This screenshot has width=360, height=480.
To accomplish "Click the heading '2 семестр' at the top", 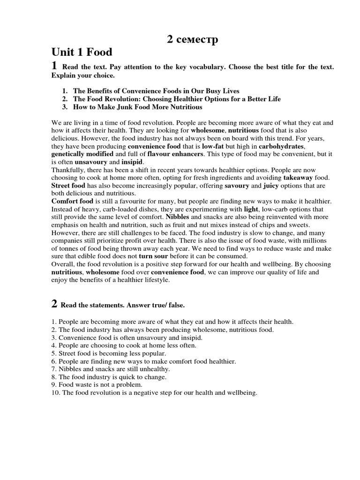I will [x=193, y=41].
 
